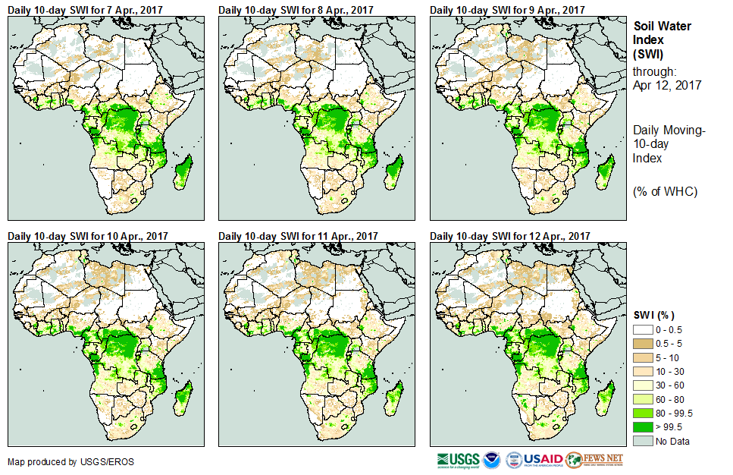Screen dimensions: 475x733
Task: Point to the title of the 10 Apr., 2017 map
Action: (x=87, y=236)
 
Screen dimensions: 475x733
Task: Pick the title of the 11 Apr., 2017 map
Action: (x=298, y=236)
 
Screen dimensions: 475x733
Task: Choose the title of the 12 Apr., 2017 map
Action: (x=509, y=236)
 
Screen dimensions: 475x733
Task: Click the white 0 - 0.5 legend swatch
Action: (x=642, y=330)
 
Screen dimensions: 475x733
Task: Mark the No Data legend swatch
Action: (x=642, y=442)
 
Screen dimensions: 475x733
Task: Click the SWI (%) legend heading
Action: (x=653, y=315)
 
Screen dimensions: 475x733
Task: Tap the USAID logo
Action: (x=534, y=460)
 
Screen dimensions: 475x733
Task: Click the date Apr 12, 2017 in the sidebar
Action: (x=666, y=85)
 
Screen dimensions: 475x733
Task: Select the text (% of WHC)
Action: (x=664, y=191)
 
